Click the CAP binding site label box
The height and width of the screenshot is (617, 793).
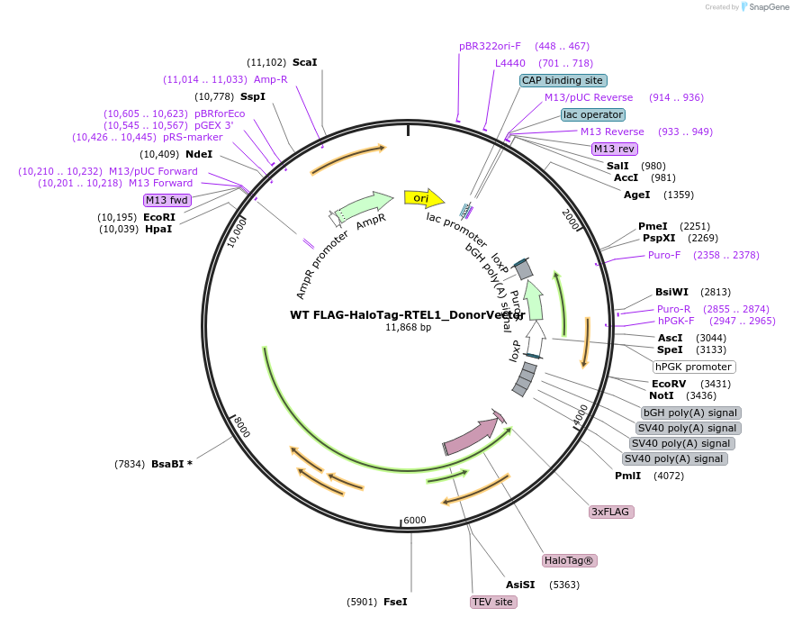tap(563, 80)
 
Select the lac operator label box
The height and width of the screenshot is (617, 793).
tap(593, 114)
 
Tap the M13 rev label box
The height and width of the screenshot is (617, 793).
tap(615, 149)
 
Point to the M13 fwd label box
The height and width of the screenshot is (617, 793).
tap(167, 200)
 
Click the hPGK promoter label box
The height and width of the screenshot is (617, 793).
tap(694, 367)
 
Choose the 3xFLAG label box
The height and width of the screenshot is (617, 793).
tap(612, 512)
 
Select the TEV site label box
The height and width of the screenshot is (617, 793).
tap(493, 602)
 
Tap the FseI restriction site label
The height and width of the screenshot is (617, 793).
tap(395, 602)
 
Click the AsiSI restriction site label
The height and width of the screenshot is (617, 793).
tap(519, 585)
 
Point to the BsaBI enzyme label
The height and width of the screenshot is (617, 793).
tap(172, 464)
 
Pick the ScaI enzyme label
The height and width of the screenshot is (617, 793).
tap(304, 62)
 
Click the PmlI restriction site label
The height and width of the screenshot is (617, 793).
tap(627, 476)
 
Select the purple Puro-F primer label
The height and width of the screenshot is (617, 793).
tap(665, 255)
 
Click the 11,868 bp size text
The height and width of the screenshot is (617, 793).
tap(408, 327)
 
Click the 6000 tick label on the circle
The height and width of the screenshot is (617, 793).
tap(414, 521)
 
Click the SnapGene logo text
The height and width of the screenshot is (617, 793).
tap(768, 7)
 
